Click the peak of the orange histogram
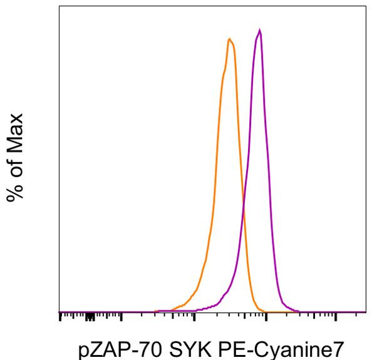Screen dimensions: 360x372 click(x=230, y=39)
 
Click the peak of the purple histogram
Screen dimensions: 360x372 click(x=259, y=30)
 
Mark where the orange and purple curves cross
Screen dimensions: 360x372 click(x=244, y=206)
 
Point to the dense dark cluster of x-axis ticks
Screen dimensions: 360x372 click(x=90, y=317)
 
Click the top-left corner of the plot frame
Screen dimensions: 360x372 click(x=59, y=7)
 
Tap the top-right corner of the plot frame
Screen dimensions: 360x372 click(x=366, y=7)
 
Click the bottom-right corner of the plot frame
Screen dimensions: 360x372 click(x=366, y=312)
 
